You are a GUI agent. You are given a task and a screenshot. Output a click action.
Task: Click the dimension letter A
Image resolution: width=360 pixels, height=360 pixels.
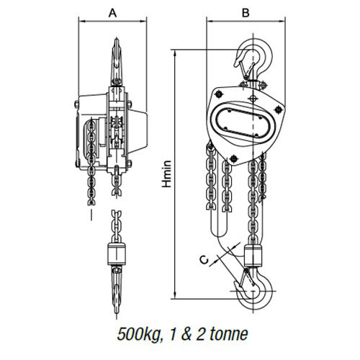112,13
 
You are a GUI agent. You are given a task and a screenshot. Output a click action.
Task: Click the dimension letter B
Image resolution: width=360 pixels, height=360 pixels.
246,13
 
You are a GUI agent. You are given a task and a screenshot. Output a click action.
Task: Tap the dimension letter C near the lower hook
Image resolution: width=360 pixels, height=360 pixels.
204,260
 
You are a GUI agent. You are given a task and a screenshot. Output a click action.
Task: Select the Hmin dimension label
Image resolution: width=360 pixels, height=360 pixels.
166,174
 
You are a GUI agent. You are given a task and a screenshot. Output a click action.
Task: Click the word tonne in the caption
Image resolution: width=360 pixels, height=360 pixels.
229,334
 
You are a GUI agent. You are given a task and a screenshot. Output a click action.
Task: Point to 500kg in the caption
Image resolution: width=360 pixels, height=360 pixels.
138,334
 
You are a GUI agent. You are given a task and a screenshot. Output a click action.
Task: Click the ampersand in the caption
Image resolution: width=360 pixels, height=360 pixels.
186,334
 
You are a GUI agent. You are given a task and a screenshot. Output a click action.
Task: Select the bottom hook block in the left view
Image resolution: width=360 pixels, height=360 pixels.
117,253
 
